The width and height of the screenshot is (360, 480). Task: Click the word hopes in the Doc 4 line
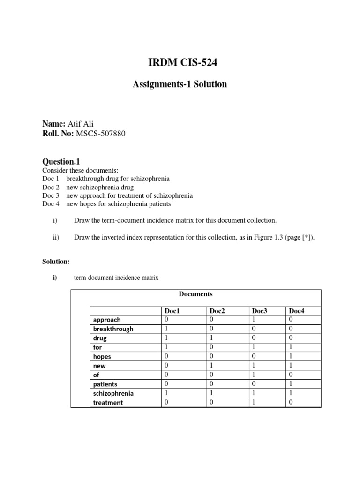(x=90, y=204)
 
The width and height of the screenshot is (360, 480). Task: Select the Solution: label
(x=56, y=260)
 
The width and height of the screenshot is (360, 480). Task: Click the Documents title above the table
(x=195, y=294)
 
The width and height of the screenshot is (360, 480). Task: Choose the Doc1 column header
(x=172, y=311)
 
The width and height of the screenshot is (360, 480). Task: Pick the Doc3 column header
(x=259, y=311)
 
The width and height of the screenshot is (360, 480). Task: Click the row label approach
(x=107, y=320)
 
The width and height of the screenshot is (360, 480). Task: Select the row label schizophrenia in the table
(x=113, y=393)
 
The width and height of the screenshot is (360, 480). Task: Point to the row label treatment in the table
(x=108, y=403)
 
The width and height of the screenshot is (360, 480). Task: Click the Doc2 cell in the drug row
(x=211, y=338)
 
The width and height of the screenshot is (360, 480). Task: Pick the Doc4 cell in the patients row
(x=291, y=384)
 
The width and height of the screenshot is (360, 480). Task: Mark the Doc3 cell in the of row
(x=254, y=375)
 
